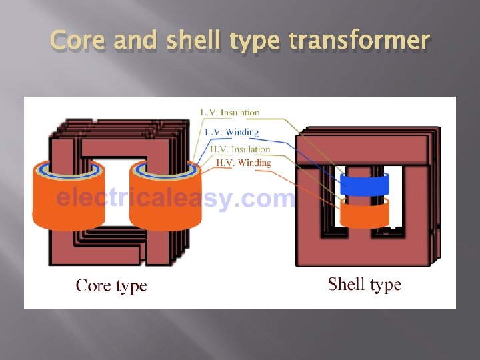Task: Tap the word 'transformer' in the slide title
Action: click(x=359, y=41)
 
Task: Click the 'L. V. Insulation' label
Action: click(x=229, y=113)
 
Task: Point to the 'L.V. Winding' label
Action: click(x=231, y=132)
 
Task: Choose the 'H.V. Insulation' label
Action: click(x=239, y=149)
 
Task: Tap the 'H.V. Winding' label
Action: click(x=243, y=163)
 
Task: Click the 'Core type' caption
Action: click(x=111, y=286)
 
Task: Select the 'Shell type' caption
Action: click(x=364, y=285)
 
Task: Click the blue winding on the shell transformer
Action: click(x=364, y=184)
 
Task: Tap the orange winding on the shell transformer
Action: click(x=364, y=213)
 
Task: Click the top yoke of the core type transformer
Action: click(x=113, y=147)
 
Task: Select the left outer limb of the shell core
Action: click(x=309, y=200)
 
